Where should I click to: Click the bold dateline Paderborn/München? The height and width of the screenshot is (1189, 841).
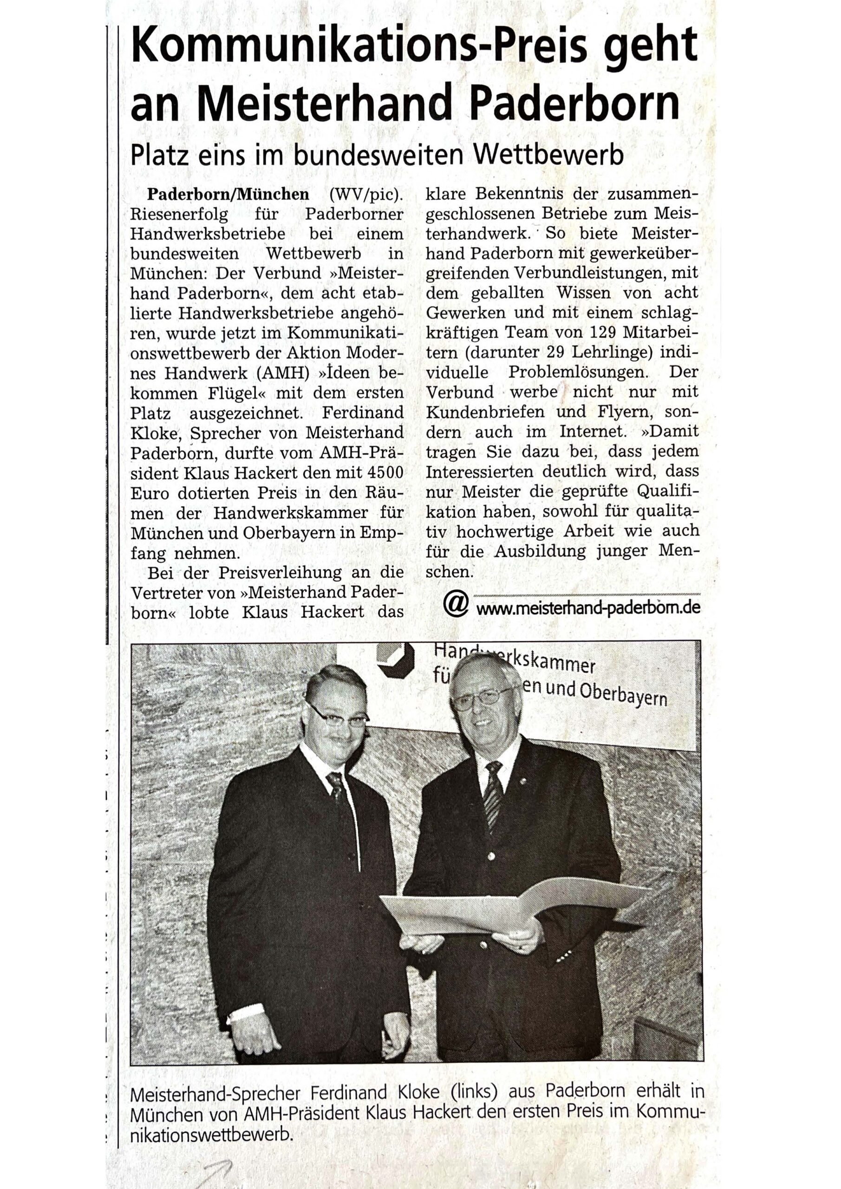tap(228, 194)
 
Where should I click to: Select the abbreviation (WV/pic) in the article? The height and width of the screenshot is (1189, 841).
tap(365, 194)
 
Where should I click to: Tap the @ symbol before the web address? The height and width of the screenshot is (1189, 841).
tap(456, 604)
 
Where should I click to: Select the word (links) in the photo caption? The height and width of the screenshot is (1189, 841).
tap(474, 1093)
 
